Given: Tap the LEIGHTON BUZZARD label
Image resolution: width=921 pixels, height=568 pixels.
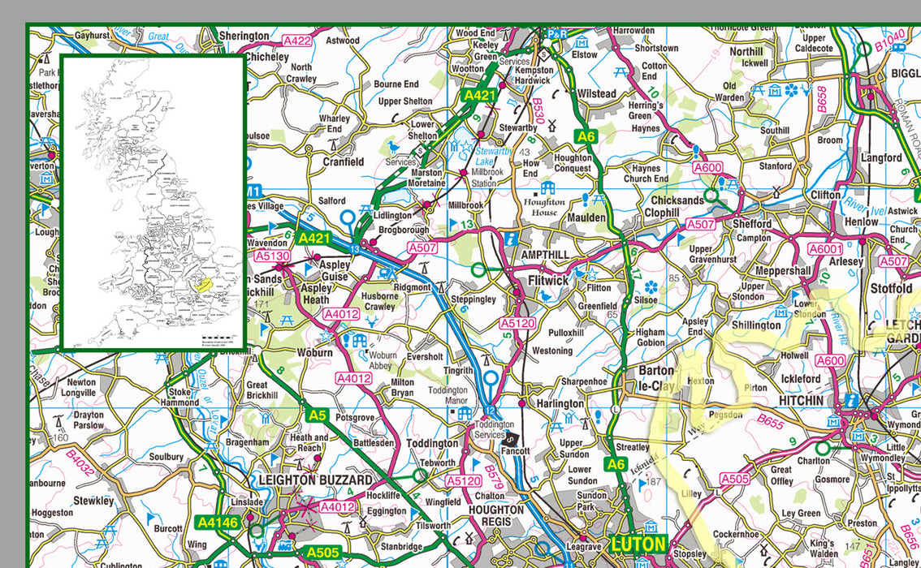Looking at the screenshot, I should pyautogui.click(x=315, y=480).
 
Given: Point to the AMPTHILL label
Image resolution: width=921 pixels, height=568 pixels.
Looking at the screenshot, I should pyautogui.click(x=545, y=255).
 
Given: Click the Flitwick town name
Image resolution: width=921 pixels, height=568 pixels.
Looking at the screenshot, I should pyautogui.click(x=548, y=280).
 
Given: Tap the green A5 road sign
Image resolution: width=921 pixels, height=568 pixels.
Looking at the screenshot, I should pyautogui.click(x=317, y=415).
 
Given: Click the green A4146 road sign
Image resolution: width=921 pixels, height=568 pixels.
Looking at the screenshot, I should pyautogui.click(x=217, y=523).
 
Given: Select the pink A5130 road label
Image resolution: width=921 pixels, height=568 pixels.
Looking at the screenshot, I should pyautogui.click(x=272, y=256).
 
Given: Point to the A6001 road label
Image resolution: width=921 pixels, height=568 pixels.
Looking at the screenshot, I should pyautogui.click(x=826, y=250).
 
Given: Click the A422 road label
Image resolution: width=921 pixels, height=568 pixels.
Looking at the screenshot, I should pyautogui.click(x=297, y=40).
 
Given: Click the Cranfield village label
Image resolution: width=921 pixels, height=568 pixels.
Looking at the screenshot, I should pyautogui.click(x=344, y=161).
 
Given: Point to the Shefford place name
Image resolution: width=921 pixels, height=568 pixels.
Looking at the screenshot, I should pyautogui.click(x=752, y=223).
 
